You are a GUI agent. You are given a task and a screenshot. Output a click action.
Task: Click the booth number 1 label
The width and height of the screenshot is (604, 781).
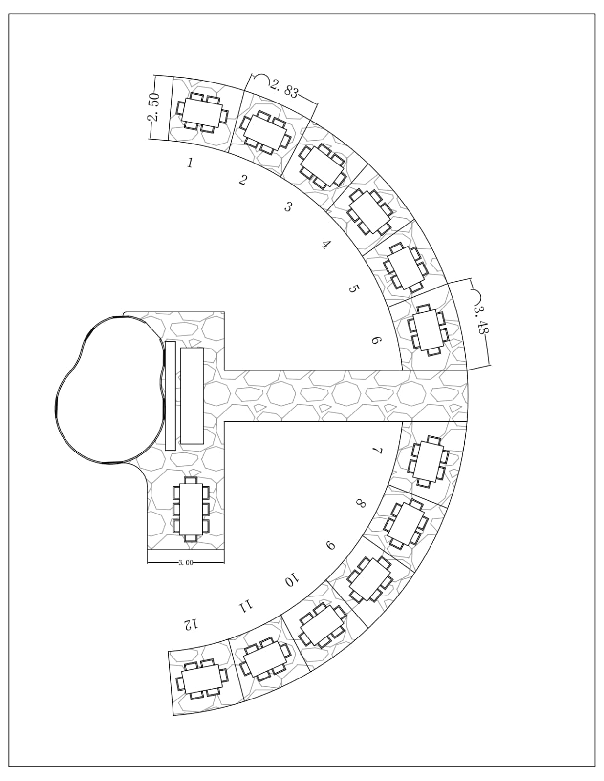[x=190, y=163]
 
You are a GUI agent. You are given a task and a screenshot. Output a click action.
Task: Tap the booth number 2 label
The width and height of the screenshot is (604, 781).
[x=243, y=180]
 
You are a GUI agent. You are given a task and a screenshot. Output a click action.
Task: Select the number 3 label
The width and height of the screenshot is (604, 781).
[x=288, y=206]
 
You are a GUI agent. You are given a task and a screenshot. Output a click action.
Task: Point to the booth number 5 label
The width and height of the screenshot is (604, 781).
[x=353, y=288]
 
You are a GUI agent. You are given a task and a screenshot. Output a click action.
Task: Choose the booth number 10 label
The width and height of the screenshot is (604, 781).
[x=292, y=580]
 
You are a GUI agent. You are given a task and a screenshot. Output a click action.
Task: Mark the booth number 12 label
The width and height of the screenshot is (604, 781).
[x=190, y=625]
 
